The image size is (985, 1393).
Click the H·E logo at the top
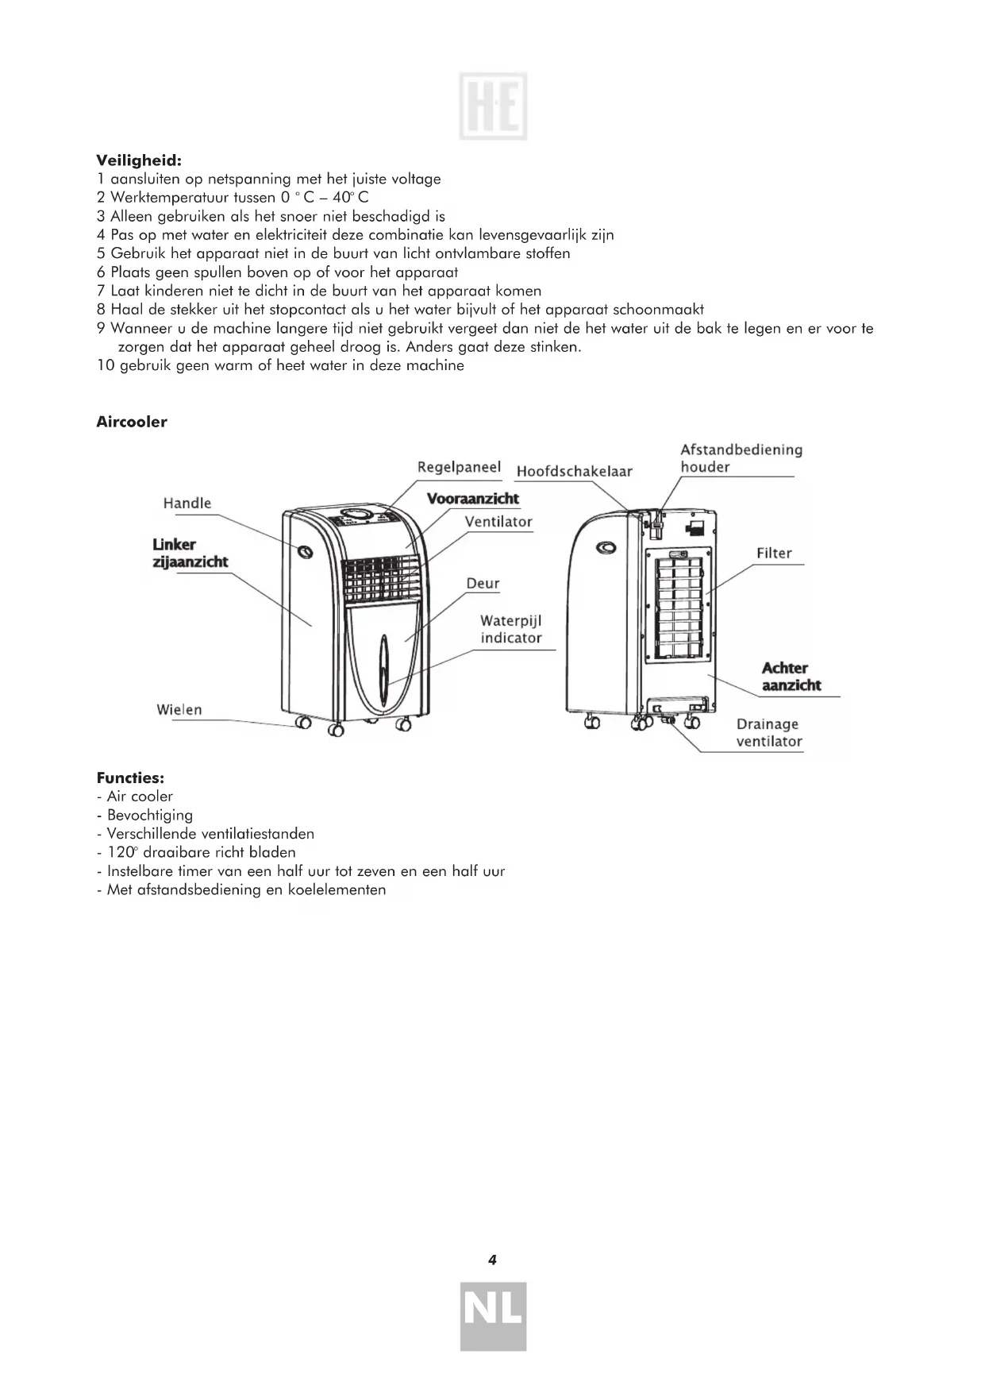493,106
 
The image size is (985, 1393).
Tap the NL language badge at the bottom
493,1316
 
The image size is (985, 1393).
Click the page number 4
492,1259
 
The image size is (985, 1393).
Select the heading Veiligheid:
140,160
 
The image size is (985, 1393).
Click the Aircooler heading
132,422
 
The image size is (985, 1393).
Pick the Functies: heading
130,778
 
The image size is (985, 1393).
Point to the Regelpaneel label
459,467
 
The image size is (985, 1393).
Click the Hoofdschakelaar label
574,471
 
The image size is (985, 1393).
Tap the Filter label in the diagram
774,553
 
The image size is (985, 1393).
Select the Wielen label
179,709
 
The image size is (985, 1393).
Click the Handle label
187,503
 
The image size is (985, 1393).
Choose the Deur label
483,583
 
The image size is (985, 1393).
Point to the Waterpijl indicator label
511,629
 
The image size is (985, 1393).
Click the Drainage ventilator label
768,732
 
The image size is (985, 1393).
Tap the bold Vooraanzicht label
473,499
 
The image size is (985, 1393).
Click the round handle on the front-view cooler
305,551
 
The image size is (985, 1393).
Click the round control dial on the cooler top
360,515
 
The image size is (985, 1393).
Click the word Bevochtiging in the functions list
150,815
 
